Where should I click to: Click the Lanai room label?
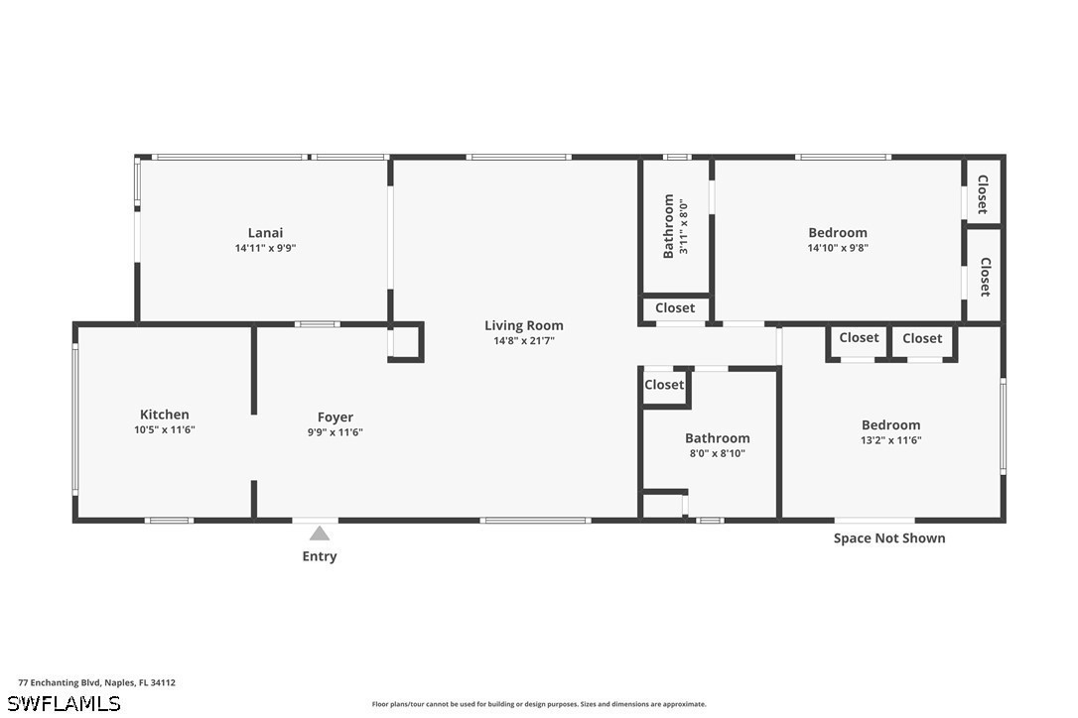(265, 233)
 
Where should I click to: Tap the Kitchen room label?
(165, 415)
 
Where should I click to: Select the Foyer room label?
(336, 418)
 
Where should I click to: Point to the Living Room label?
(524, 325)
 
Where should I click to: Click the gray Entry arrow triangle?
(319, 534)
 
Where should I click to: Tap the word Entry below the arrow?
(320, 555)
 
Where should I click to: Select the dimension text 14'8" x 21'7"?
(524, 341)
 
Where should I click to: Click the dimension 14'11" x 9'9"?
(265, 248)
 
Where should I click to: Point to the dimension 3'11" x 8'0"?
(683, 226)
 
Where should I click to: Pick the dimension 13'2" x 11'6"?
(891, 440)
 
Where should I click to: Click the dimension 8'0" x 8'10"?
(718, 453)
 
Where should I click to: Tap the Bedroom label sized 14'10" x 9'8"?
(838, 233)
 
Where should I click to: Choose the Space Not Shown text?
(889, 538)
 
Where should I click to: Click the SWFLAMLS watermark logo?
(64, 703)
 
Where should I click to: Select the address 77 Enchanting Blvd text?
(60, 682)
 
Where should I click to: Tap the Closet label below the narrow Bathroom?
(675, 307)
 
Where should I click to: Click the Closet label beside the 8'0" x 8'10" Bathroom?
(664, 385)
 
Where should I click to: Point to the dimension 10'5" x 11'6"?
(165, 430)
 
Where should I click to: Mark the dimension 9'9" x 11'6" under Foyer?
(336, 432)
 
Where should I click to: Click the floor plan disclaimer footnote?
(539, 704)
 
